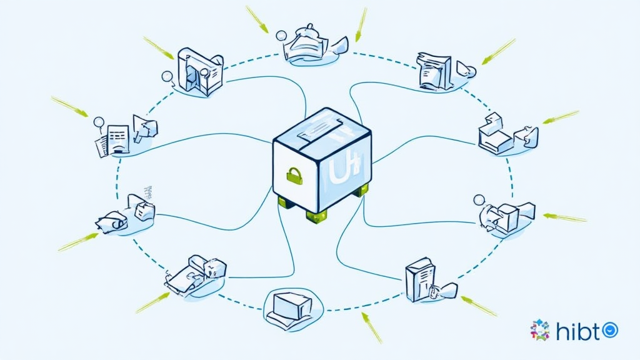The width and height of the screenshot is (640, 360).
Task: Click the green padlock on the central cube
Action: [x=294, y=176]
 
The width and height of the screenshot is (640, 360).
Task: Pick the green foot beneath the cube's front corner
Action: [x=316, y=214]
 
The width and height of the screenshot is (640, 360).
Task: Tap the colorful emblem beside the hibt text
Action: [x=540, y=330]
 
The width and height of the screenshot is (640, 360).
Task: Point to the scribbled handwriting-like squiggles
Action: [x=148, y=189]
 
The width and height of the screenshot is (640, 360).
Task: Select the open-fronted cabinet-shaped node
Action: [x=200, y=72]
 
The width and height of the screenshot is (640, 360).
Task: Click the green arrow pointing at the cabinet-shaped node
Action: [x=158, y=48]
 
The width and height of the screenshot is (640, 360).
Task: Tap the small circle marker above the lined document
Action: [x=98, y=122]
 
